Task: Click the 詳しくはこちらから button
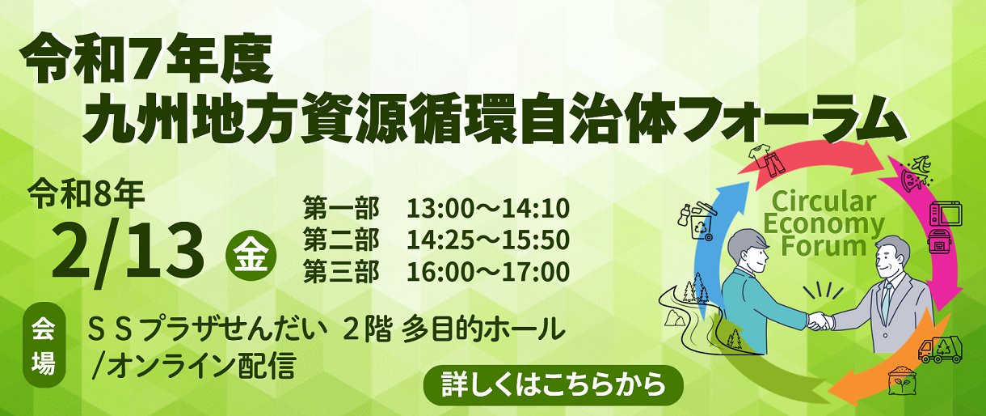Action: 554,384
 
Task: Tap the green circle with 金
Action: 251,256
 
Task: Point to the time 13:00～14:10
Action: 487,209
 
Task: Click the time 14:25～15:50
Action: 487,240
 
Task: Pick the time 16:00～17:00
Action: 487,272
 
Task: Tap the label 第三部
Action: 341,272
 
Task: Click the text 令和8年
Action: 86,194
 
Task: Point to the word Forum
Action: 823,246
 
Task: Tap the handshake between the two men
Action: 820,320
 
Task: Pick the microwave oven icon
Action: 946,214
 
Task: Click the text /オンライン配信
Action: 193,367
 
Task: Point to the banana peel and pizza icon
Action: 916,174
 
